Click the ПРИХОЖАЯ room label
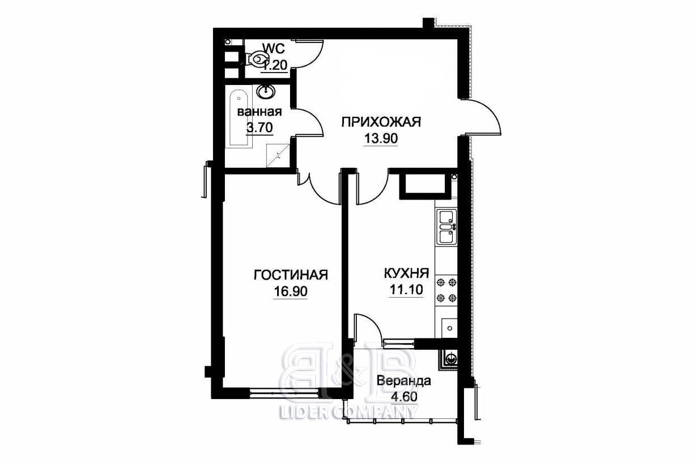pyautogui.click(x=381, y=122)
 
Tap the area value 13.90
pyautogui.click(x=381, y=138)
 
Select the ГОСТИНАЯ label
pyautogui.click(x=291, y=275)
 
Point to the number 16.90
pyautogui.click(x=291, y=291)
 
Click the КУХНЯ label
pyautogui.click(x=406, y=273)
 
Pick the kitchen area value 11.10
pyautogui.click(x=406, y=290)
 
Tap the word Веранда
pyautogui.click(x=404, y=380)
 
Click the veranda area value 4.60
pyautogui.click(x=404, y=397)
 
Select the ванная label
pyautogui.click(x=259, y=112)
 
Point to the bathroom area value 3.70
pyautogui.click(x=259, y=127)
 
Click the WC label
pyautogui.click(x=274, y=48)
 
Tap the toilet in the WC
pyautogui.click(x=256, y=58)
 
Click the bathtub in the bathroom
pyautogui.click(x=239, y=119)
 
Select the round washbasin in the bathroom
pyautogui.click(x=266, y=91)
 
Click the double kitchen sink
pyautogui.click(x=446, y=227)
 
